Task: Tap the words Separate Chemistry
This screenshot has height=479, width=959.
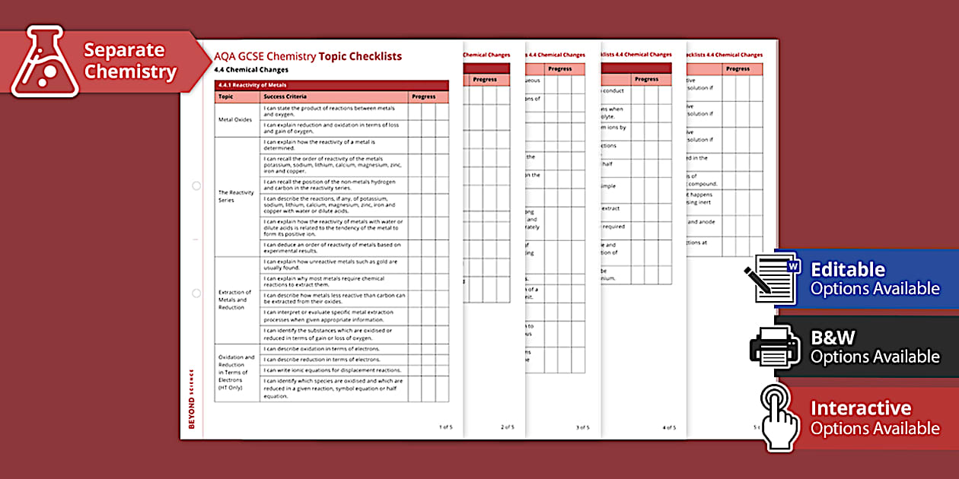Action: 130,62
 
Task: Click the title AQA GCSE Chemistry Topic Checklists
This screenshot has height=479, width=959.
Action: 307,56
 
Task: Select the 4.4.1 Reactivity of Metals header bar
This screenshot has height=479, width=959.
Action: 331,85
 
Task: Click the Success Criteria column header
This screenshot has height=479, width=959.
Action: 285,97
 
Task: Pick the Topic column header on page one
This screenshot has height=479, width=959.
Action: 226,97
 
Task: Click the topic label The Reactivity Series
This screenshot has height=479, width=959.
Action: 236,196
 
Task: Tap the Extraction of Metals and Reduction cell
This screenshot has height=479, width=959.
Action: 234,299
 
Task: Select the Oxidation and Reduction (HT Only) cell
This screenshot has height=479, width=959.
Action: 236,373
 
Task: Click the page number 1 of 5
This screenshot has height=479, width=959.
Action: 445,427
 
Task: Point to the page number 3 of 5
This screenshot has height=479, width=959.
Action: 582,427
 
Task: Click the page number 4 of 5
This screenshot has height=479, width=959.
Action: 669,427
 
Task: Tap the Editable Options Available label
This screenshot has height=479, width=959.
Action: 875,279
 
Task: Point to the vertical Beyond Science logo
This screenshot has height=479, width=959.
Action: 191,399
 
